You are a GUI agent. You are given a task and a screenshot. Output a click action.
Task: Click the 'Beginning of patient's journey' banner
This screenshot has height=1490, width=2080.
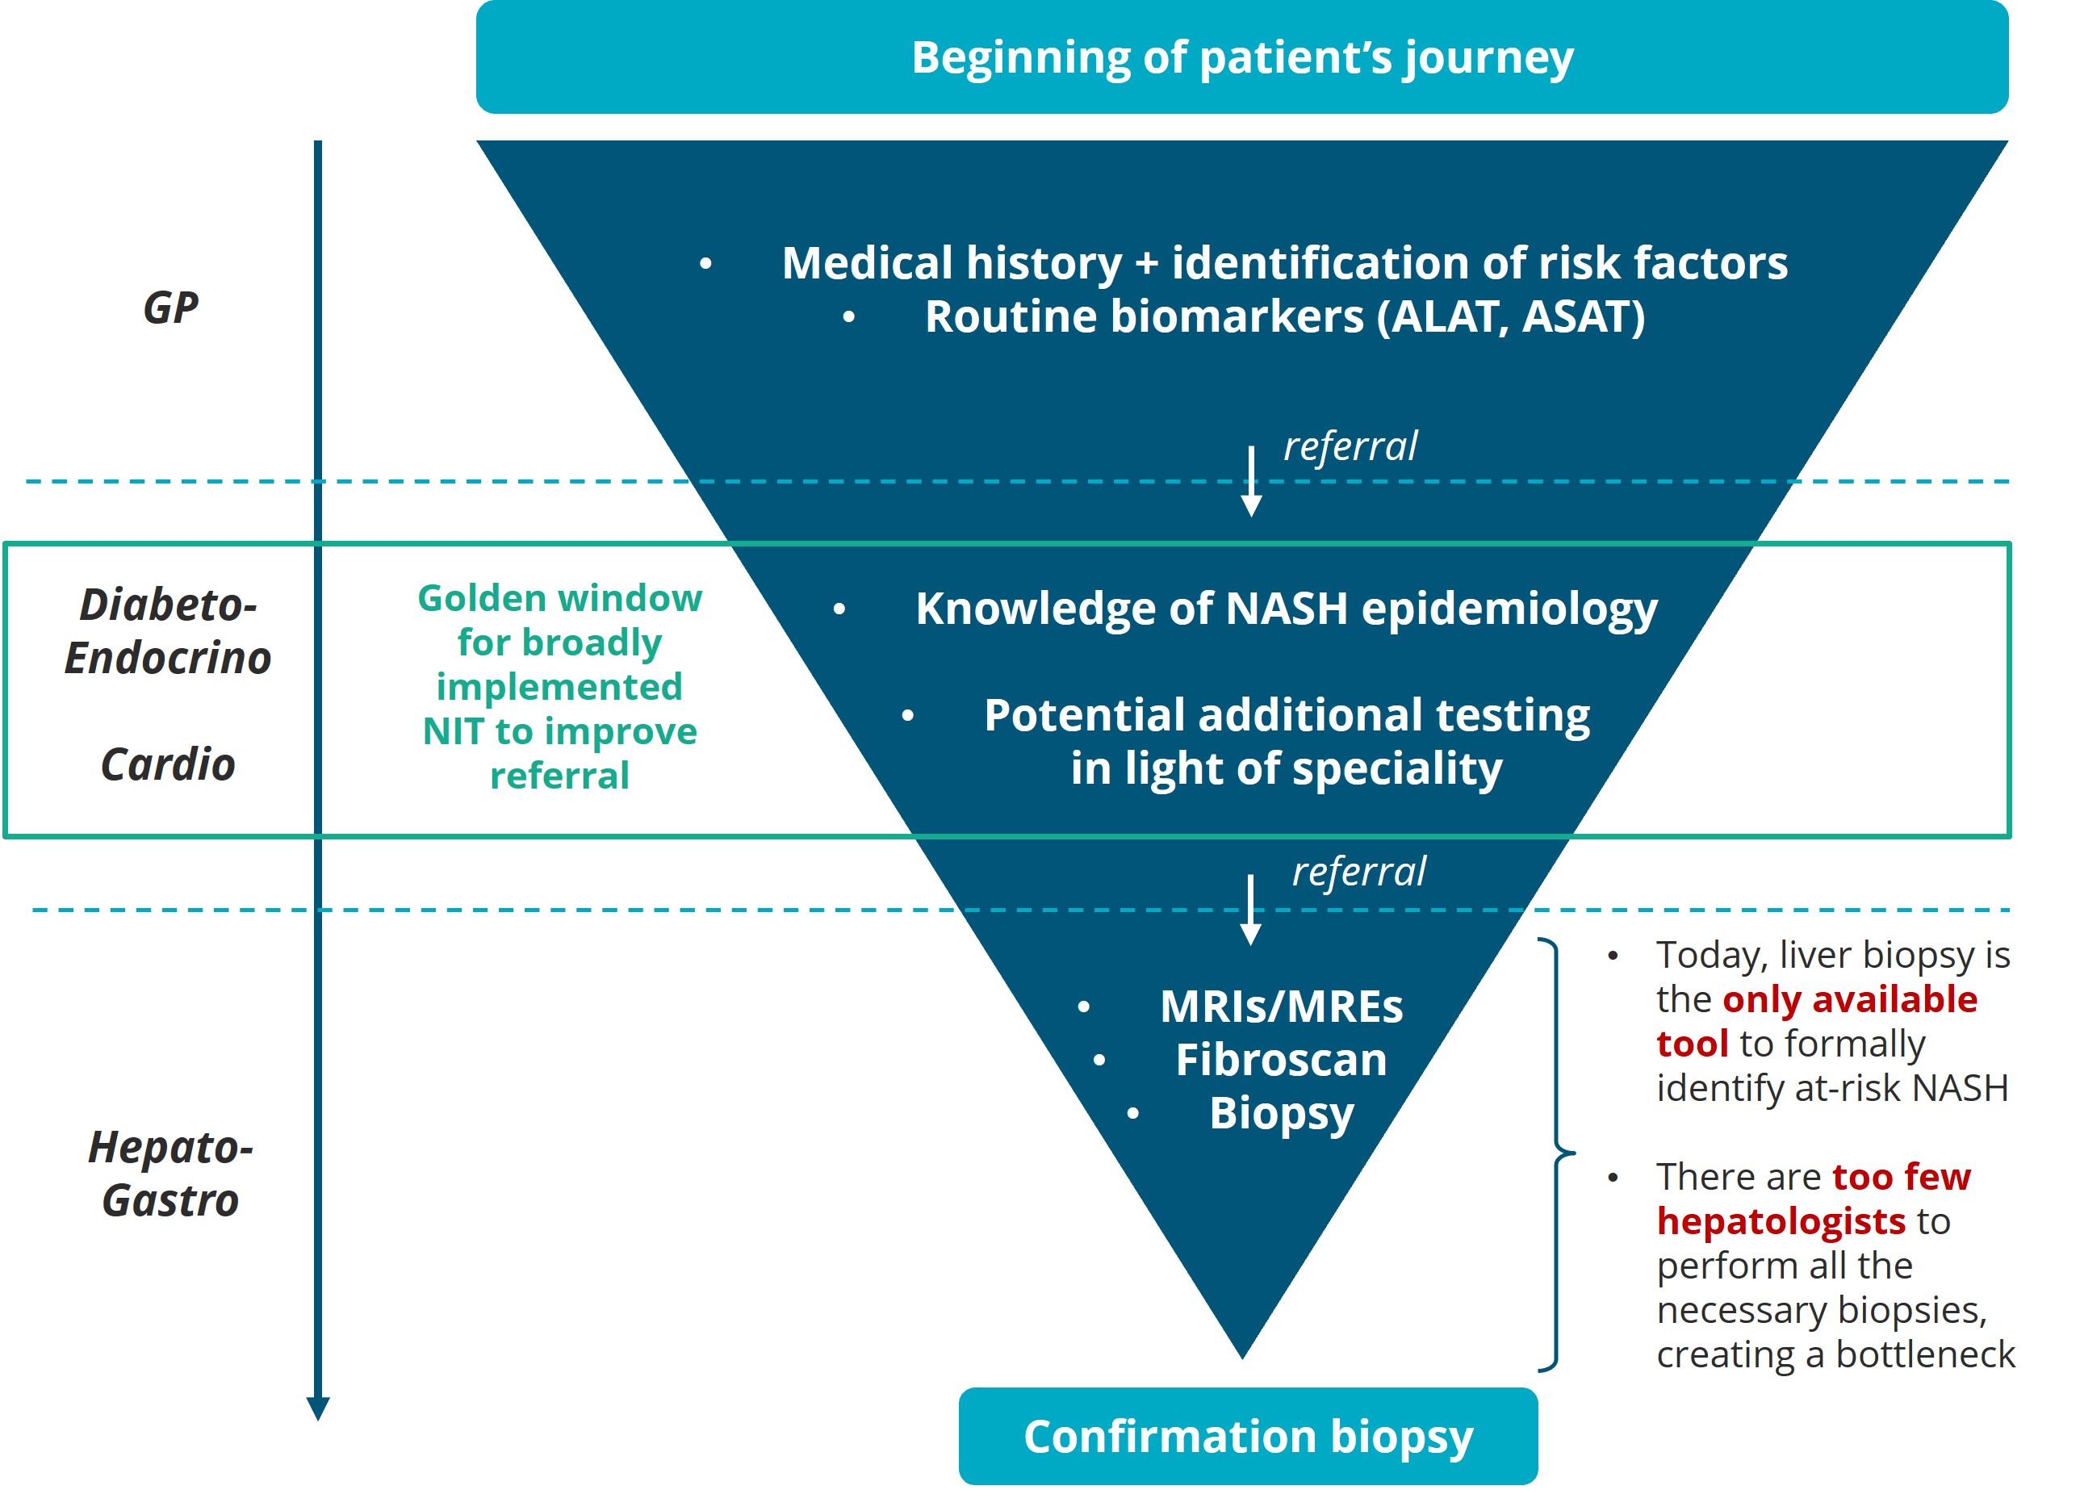pos(1241,57)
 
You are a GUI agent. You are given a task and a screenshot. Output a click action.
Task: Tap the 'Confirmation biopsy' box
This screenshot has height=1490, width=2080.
pos(1247,1436)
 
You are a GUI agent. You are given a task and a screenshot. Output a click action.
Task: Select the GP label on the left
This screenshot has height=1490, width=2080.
pos(170,308)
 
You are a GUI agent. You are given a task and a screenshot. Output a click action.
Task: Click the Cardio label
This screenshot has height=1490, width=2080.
pos(168,764)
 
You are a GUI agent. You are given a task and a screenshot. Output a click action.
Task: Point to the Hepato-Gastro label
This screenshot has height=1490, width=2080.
pos(170,1174)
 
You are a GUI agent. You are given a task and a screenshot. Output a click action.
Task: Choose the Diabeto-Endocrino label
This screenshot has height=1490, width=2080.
pos(168,631)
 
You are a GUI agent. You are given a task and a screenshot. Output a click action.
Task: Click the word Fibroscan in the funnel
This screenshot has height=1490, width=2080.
pos(1281,1061)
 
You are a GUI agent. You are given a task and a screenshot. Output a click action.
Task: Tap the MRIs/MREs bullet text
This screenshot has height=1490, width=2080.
pos(1281,1007)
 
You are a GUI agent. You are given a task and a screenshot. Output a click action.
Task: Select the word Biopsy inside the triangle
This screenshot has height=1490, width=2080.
pos(1281,1114)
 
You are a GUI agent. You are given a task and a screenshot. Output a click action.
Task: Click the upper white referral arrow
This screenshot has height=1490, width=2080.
pos(1251,481)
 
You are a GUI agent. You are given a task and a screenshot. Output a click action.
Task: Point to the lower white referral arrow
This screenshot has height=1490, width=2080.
pos(1250,910)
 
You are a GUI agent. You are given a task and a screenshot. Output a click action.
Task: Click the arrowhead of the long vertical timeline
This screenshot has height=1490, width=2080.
pos(318,1408)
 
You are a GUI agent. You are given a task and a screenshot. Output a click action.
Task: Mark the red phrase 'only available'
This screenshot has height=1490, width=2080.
pos(1850,999)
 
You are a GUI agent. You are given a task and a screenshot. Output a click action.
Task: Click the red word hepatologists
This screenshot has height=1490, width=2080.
pos(1781,1221)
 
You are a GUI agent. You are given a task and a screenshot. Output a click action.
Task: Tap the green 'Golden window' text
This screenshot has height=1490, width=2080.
pos(559,599)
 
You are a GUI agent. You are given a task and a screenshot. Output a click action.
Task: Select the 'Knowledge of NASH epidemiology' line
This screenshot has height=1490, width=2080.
pos(1286,609)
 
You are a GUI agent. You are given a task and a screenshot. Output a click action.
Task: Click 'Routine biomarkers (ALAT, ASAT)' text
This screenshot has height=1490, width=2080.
pos(1284,317)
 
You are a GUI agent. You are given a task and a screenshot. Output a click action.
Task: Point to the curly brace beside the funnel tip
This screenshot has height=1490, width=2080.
pos(1557,1153)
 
